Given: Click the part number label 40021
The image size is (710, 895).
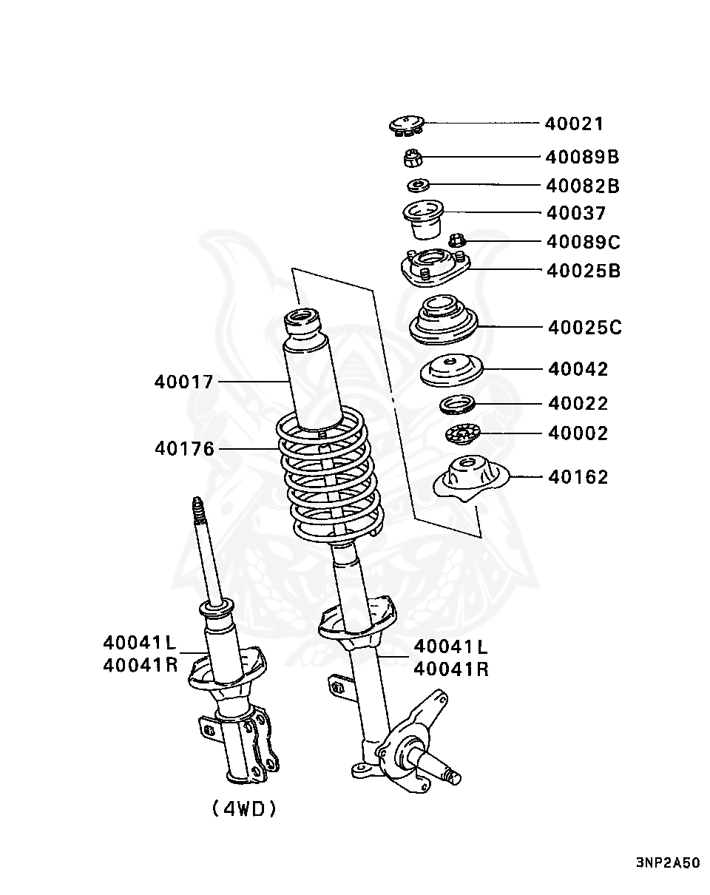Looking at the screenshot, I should pyautogui.click(x=574, y=124).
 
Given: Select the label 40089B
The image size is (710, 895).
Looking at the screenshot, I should pyautogui.click(x=582, y=157).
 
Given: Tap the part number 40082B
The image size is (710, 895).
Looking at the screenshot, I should pyautogui.click(x=582, y=185).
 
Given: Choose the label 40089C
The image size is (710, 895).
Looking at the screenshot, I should pyautogui.click(x=583, y=241).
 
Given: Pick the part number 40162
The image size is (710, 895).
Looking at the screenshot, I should pyautogui.click(x=578, y=477).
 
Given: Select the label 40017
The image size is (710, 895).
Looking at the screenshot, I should pyautogui.click(x=184, y=382).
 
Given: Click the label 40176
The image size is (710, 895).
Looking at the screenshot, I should pyautogui.click(x=184, y=448).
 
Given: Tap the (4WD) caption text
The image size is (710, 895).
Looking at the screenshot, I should pyautogui.click(x=244, y=808).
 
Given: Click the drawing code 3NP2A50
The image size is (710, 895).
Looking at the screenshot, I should pyautogui.click(x=667, y=862).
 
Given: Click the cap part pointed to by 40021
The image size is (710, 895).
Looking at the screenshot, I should pyautogui.click(x=405, y=126).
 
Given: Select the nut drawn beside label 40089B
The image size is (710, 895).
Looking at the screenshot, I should pyautogui.click(x=413, y=157).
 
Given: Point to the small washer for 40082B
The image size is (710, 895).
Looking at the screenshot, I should pyautogui.click(x=419, y=184).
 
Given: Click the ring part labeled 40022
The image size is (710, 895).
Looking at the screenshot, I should pyautogui.click(x=457, y=405).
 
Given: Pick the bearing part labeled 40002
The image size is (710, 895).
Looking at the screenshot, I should pyautogui.click(x=463, y=434).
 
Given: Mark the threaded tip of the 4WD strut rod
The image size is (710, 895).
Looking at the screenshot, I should pyautogui.click(x=198, y=510).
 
